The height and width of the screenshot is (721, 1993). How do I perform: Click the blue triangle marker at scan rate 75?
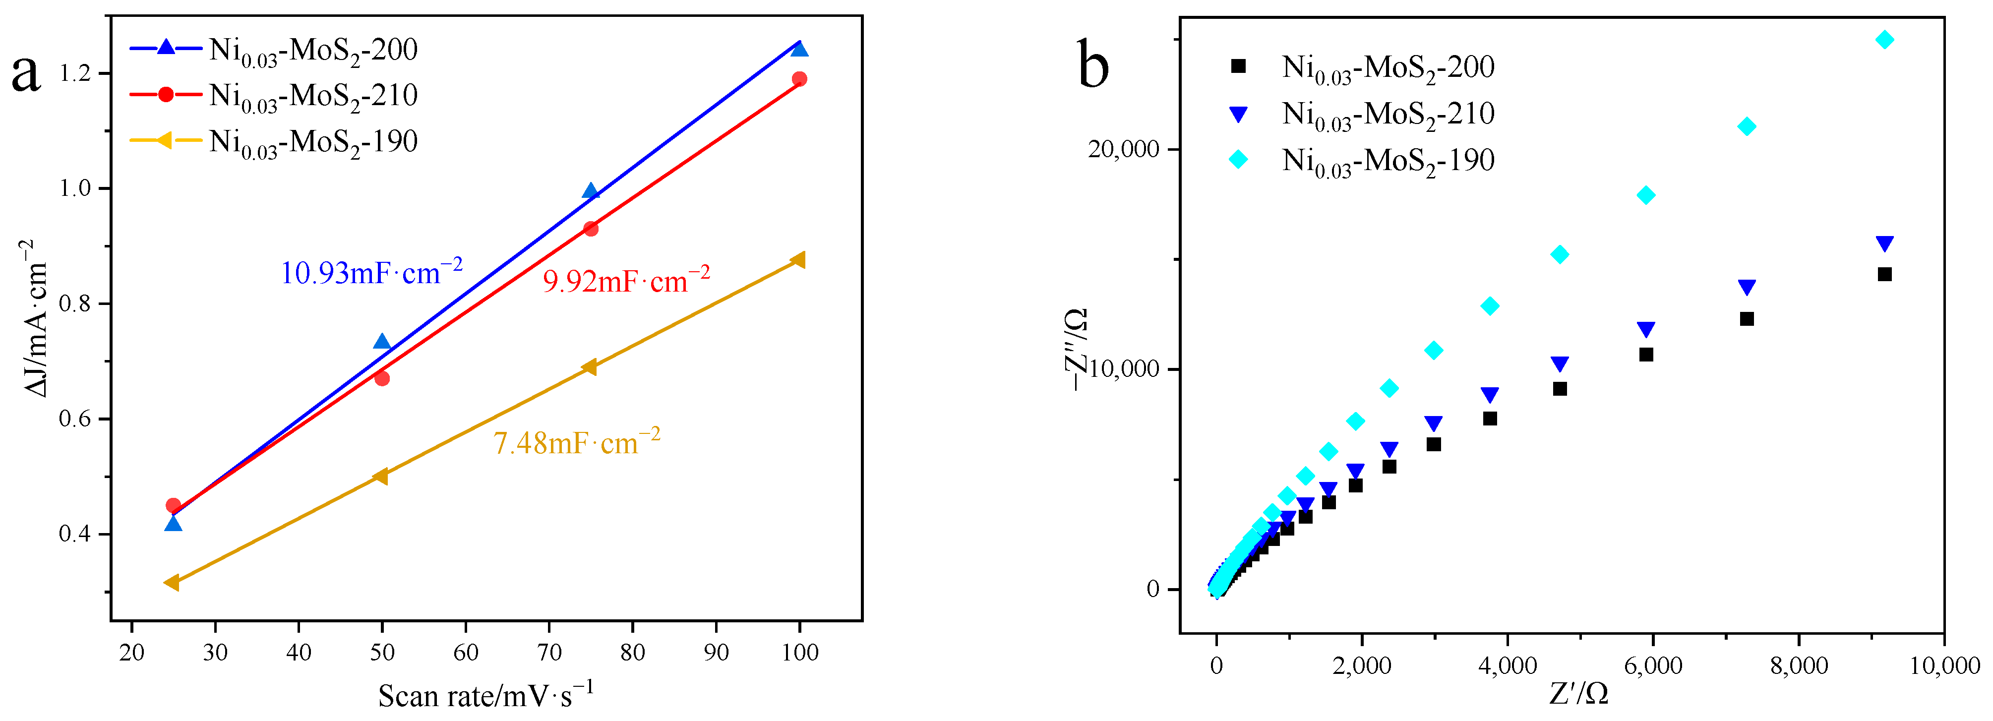pyautogui.click(x=590, y=191)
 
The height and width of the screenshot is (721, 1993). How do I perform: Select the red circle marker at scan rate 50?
pyautogui.click(x=381, y=378)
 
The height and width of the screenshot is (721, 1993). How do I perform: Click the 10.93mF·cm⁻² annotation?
pyautogui.click(x=371, y=272)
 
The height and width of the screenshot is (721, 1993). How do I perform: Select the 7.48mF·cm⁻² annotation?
pyautogui.click(x=576, y=442)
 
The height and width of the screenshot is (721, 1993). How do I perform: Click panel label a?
pyautogui.click(x=26, y=73)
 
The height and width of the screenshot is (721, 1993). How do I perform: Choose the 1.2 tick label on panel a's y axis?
pyautogui.click(x=75, y=73)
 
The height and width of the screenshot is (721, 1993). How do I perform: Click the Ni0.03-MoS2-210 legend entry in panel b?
pyautogui.click(x=1387, y=115)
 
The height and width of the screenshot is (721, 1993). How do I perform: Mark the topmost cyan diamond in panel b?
pyautogui.click(x=1885, y=40)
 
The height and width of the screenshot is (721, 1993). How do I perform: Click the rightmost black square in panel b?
pyautogui.click(x=1885, y=274)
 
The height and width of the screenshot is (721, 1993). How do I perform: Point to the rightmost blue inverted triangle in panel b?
pyautogui.click(x=1885, y=243)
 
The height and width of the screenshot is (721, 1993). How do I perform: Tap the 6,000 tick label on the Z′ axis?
pyautogui.click(x=1653, y=666)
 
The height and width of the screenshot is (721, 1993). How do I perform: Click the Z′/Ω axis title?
pyautogui.click(x=1578, y=694)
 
